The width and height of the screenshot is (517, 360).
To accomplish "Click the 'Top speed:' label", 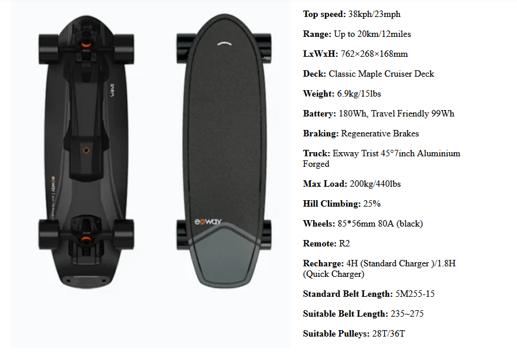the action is (324, 14).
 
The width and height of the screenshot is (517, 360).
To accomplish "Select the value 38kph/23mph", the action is (374, 14).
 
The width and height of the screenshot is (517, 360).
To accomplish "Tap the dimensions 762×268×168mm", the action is (374, 54).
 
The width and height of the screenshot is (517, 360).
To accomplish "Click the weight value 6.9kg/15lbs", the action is (359, 94).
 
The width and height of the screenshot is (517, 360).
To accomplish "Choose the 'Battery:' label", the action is (320, 114).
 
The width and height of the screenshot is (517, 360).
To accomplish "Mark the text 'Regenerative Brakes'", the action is (380, 133).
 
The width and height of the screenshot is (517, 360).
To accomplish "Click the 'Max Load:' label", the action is (325, 184).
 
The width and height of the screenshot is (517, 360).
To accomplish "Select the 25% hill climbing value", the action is (372, 204).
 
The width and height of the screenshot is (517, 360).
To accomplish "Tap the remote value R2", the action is (344, 244).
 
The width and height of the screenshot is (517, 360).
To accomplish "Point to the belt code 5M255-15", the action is (415, 294).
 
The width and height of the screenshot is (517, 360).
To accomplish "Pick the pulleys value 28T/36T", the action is (388, 334).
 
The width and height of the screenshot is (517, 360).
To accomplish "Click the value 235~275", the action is (407, 314).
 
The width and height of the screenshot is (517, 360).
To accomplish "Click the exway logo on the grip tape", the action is (208, 221).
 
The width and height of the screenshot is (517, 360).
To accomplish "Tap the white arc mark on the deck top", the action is (224, 43).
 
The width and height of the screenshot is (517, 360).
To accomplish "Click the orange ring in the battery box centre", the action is (86, 150).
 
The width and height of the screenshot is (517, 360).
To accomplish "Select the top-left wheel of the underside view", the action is (49, 49).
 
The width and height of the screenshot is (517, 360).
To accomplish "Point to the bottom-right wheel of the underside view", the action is (124, 234).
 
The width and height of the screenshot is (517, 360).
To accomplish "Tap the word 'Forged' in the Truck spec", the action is (316, 164).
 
